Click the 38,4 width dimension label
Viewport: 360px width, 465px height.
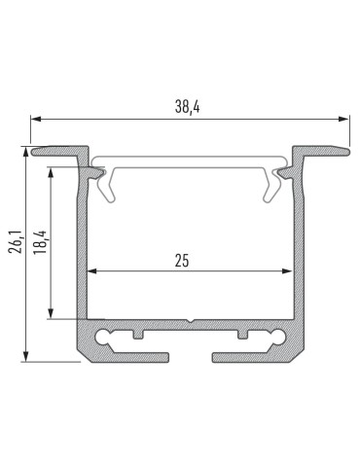click(x=190, y=107)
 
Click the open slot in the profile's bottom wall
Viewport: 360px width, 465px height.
click(x=191, y=357)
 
